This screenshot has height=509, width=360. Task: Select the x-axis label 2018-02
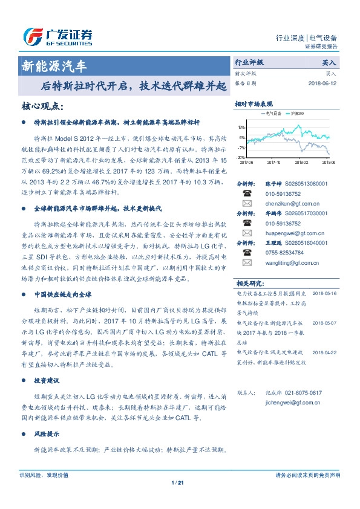(x=301, y=162)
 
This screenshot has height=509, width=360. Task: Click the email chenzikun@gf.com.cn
(x=284, y=204)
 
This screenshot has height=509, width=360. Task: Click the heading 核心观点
(x=42, y=106)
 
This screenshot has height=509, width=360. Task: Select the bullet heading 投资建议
(x=46, y=381)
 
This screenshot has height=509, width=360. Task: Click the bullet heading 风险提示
(x=46, y=435)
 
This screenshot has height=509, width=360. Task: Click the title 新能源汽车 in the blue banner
(x=59, y=64)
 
